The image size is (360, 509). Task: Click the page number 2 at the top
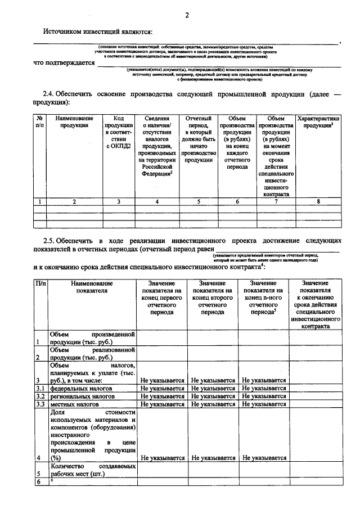point(186,15)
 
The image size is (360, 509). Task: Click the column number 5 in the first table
point(198,201)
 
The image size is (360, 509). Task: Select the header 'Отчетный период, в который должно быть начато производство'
point(198,139)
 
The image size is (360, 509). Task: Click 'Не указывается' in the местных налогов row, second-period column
point(213,404)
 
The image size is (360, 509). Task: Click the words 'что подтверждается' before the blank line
point(63,62)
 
